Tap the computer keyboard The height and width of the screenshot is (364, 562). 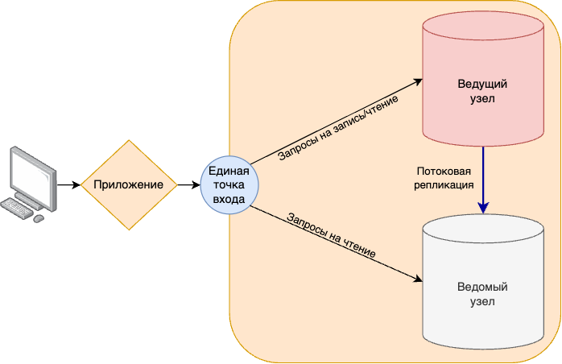(x=17, y=209)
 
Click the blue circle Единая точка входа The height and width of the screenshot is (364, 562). (x=229, y=184)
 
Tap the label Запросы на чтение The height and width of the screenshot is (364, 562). (x=331, y=235)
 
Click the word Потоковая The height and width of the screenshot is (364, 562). (x=443, y=172)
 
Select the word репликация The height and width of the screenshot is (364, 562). (x=443, y=184)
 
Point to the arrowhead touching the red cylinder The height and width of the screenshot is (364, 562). (x=417, y=81)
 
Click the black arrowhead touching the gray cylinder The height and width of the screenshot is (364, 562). (x=417, y=279)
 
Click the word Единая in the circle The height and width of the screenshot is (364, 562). (x=229, y=170)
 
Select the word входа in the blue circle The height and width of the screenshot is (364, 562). (x=229, y=198)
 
